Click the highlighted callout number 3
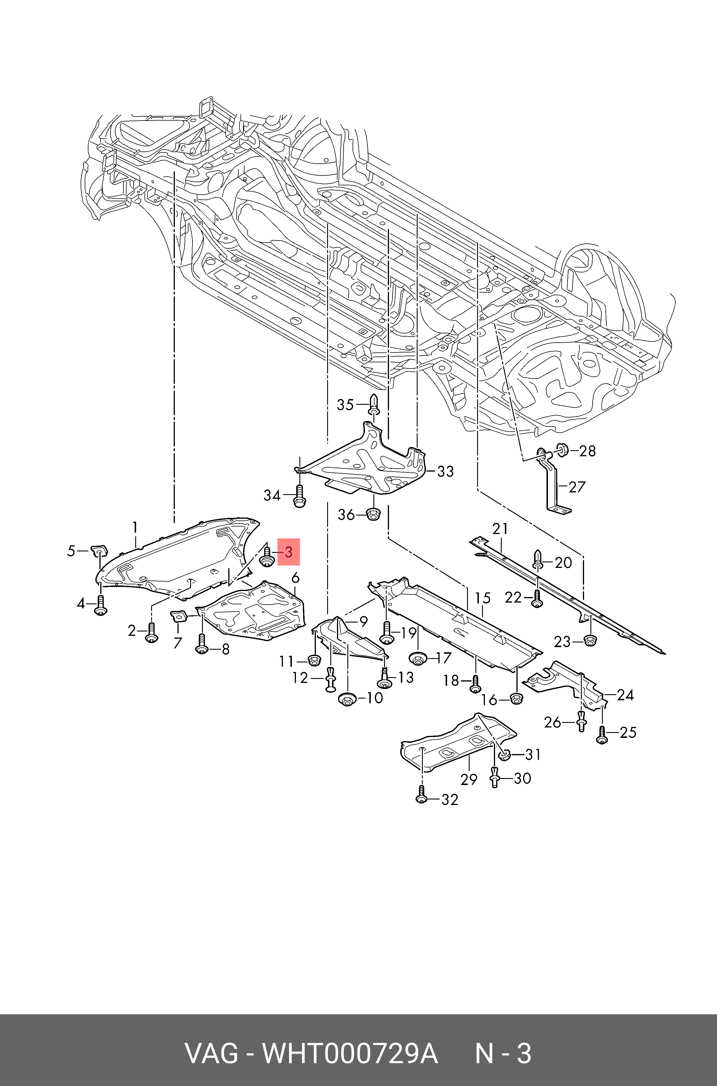click(x=288, y=552)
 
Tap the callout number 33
click(x=445, y=471)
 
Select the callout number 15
click(x=482, y=598)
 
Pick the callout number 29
click(x=469, y=779)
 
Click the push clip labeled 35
click(x=374, y=405)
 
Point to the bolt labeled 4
click(x=101, y=605)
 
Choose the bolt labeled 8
click(x=202, y=644)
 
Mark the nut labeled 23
click(x=590, y=640)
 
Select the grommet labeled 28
click(x=562, y=449)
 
